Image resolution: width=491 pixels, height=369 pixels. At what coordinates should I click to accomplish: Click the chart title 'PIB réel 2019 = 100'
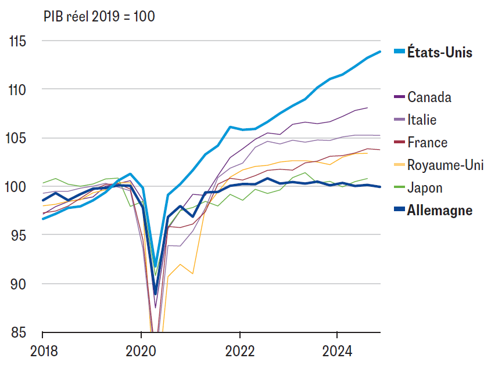tap(99, 16)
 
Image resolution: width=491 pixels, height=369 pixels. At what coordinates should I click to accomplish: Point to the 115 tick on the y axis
tap(18, 41)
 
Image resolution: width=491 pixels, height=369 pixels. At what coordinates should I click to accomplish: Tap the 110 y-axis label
tap(17, 90)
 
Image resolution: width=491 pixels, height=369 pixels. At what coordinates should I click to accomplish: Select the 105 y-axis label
tap(16, 138)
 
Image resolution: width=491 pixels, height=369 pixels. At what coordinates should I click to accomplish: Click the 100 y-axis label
tap(15, 187)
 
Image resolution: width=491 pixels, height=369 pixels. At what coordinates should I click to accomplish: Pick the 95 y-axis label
tap(19, 235)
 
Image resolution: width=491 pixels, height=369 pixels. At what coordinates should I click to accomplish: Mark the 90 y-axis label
tap(18, 284)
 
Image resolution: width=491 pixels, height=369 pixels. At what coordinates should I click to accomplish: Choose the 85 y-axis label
tap(19, 332)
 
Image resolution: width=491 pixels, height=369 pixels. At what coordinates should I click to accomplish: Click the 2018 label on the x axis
tap(44, 351)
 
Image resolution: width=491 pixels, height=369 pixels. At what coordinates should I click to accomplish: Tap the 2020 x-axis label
tap(141, 351)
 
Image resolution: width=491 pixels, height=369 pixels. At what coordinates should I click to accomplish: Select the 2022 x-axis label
tap(240, 351)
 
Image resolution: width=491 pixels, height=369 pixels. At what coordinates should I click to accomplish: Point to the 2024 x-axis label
tap(337, 351)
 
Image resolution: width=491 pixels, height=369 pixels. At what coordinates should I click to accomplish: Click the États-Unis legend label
tap(440, 52)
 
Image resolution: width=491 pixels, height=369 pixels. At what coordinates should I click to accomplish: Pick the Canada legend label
tap(429, 97)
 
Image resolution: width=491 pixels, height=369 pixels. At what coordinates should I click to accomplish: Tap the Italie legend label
tap(422, 120)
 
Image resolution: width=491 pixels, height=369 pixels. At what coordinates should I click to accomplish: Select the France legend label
tap(428, 143)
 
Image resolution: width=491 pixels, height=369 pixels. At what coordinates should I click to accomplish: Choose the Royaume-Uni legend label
tap(445, 165)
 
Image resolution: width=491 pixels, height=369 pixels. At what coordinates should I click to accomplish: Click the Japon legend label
tap(425, 188)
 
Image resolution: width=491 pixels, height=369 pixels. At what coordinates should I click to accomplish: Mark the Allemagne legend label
tap(440, 211)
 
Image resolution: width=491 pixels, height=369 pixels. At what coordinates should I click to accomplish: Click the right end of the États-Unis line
tap(380, 52)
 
